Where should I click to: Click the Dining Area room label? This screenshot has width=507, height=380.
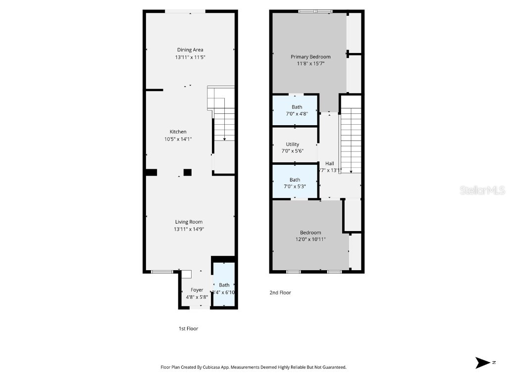point(190,49)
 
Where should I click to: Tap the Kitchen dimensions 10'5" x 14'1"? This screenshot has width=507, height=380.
point(178,139)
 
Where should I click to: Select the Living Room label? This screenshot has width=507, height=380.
point(189,222)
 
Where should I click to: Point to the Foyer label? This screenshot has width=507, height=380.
point(197,290)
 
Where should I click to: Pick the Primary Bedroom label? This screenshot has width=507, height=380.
point(310,57)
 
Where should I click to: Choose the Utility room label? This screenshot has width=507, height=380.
point(292,144)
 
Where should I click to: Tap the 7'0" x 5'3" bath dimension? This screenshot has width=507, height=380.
point(295,187)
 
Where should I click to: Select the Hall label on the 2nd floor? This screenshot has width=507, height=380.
point(329,163)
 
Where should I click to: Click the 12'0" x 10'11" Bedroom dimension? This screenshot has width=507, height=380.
point(310,239)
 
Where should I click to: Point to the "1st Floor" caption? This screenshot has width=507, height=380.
point(188,329)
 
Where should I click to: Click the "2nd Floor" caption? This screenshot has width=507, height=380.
point(280,293)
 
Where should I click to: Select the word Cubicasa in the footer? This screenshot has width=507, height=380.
point(223,368)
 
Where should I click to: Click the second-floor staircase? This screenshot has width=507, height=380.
point(351,141)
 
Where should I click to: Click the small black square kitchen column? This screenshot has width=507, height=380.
point(187,172)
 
